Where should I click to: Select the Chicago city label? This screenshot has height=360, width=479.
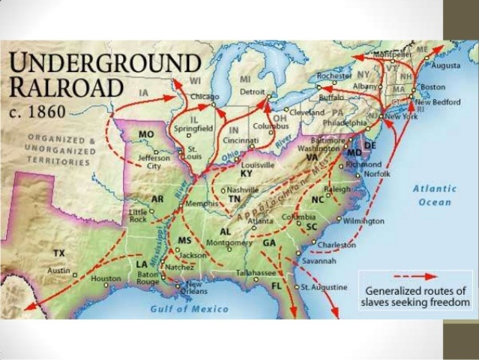coord(205,97)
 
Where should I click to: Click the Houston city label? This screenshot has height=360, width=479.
coord(105,279)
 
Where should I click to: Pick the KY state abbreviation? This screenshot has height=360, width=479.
coord(247,173)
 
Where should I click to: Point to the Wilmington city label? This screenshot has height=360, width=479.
coord(364,221)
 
